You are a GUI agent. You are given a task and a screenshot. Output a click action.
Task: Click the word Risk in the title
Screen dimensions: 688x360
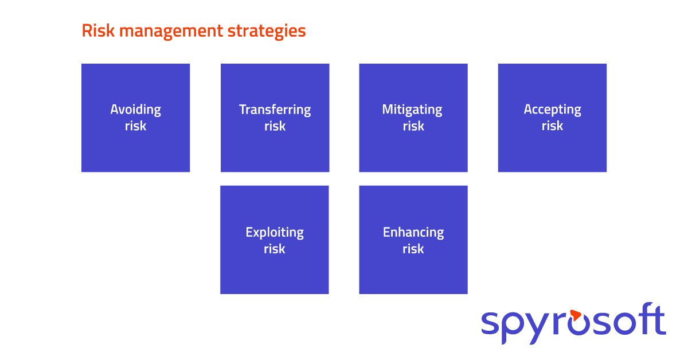98,30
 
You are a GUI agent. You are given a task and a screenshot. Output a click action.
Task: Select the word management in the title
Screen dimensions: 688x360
171,32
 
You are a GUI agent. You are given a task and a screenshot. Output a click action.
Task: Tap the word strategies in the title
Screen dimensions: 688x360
267,32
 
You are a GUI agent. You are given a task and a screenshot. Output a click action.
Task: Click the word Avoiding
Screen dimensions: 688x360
135,109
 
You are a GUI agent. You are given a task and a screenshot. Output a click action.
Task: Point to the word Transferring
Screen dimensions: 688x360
275,109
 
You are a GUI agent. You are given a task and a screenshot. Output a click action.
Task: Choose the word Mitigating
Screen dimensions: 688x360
412,109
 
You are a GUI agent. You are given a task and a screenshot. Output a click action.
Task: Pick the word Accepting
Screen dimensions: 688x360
552,109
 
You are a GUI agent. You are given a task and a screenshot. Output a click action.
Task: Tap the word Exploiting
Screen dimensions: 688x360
275,233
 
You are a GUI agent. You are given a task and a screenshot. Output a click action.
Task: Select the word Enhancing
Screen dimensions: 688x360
413,233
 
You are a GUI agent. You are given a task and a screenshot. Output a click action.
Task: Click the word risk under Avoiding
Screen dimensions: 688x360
135,126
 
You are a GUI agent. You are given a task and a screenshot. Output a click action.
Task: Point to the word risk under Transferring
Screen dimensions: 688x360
275,126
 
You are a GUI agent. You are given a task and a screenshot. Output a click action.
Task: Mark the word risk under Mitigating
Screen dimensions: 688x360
413,126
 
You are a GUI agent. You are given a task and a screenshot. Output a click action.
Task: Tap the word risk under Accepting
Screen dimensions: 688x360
552,126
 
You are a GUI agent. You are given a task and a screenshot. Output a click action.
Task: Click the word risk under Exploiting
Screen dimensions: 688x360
274,249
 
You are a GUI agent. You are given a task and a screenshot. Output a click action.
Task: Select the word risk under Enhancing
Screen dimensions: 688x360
413,249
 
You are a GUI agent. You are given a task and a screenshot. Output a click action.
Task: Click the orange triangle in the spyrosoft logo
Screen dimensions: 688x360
575,315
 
